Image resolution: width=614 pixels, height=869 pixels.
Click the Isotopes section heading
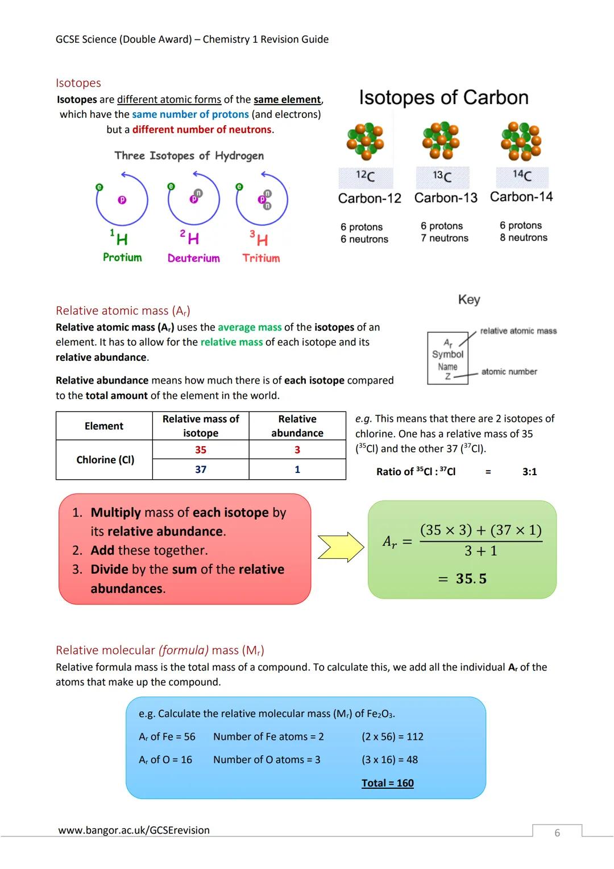[x=78, y=83]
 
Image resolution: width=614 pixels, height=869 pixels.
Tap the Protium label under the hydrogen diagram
[x=122, y=257]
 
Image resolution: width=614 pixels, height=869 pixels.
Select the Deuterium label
[x=193, y=258]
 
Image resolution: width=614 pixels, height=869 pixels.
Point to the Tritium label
[x=261, y=258]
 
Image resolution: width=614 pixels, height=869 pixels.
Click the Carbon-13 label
[x=446, y=197]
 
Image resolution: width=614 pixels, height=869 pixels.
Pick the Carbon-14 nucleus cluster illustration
[x=521, y=141]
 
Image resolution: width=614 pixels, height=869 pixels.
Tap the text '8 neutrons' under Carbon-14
[x=524, y=238]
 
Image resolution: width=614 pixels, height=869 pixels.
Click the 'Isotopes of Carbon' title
[x=443, y=97]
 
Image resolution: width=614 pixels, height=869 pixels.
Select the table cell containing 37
[x=201, y=469]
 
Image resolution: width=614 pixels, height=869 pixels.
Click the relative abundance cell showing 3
[x=297, y=450]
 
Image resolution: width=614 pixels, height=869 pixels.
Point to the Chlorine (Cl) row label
[x=105, y=460]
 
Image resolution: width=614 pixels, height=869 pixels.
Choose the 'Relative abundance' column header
[x=297, y=426]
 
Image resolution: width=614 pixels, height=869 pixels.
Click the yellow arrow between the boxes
[x=340, y=547]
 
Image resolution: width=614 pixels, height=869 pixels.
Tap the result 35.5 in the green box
[x=471, y=579]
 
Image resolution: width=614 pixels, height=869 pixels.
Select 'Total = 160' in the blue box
[x=388, y=783]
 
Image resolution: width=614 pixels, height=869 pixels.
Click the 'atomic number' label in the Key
[x=509, y=372]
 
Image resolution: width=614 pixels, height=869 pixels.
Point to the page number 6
[x=557, y=833]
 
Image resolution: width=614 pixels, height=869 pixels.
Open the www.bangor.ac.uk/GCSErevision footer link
[x=134, y=830]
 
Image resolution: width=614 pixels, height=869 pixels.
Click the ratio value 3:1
[x=529, y=472]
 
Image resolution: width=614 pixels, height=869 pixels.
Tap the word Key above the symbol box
[x=469, y=299]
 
